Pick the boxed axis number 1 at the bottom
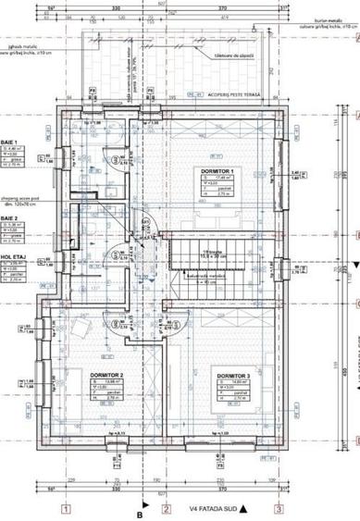click(x=66, y=508)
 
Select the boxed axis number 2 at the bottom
click(x=166, y=508)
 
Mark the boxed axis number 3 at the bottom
click(x=277, y=508)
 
